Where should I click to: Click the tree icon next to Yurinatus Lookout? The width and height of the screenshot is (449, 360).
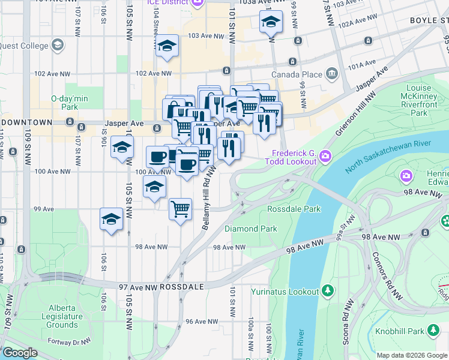[328, 292]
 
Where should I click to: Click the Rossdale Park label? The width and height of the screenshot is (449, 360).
[294, 209]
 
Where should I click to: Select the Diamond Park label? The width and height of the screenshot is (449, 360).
[251, 229]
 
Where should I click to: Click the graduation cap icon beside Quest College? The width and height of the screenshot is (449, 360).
[57, 45]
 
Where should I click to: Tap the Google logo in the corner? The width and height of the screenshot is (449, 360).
[19, 353]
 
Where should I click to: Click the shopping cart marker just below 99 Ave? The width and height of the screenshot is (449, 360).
[180, 209]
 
